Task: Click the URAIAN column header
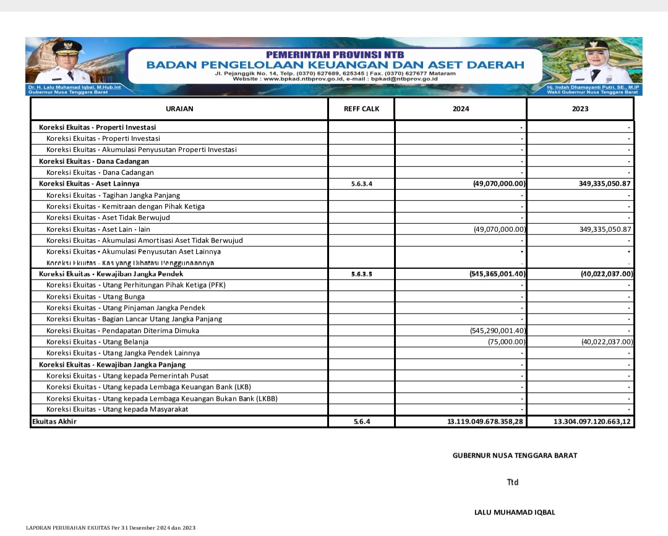click(x=179, y=109)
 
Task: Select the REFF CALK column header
click(x=361, y=109)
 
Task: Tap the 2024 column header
click(x=461, y=109)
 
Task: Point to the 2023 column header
click(x=580, y=109)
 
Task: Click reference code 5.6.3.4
click(x=361, y=184)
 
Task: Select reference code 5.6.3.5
click(x=361, y=274)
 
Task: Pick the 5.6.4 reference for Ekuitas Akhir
click(x=362, y=422)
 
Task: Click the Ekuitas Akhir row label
click(x=55, y=422)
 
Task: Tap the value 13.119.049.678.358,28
click(x=486, y=422)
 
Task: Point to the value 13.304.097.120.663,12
click(x=592, y=422)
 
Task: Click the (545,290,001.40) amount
click(x=498, y=331)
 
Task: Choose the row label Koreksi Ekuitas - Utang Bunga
click(x=95, y=297)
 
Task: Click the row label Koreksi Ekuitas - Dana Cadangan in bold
click(x=94, y=161)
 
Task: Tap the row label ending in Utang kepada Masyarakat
click(x=118, y=409)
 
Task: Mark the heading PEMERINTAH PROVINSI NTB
click(x=335, y=55)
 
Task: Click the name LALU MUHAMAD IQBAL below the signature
click(x=515, y=513)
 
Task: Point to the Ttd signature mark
click(x=513, y=482)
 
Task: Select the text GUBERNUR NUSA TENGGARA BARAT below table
click(x=515, y=456)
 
